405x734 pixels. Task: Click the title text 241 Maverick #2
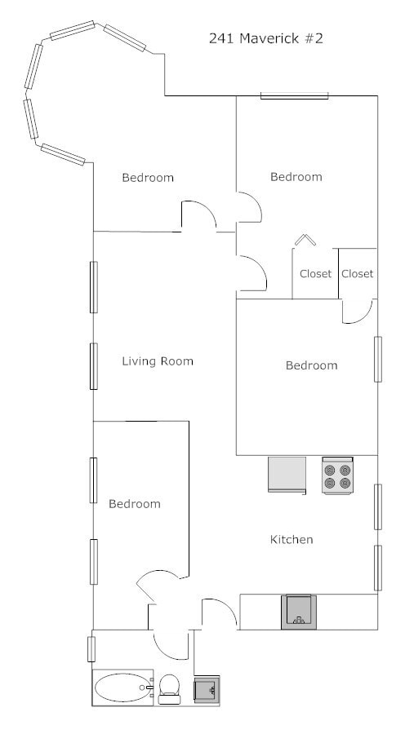point(266,38)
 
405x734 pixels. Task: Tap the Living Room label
point(158,361)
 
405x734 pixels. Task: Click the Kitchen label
point(292,540)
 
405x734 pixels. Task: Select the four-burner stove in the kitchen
point(336,475)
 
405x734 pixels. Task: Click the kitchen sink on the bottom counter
point(299,612)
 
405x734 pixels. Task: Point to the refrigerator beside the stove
point(287,475)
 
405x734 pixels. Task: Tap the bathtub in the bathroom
point(123,688)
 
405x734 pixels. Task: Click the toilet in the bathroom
point(170,688)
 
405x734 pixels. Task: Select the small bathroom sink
point(206,690)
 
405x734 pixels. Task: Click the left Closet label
point(315,274)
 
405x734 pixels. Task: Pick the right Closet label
point(357,274)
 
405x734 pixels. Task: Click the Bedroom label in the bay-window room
point(148,178)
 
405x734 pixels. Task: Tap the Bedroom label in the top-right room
point(296,177)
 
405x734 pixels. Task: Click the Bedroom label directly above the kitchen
point(311,365)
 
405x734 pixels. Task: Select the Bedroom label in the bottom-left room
point(135,504)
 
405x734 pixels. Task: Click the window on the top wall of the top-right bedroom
point(295,96)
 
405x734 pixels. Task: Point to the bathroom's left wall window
point(92,649)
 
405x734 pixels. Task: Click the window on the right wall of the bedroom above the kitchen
point(378,359)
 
